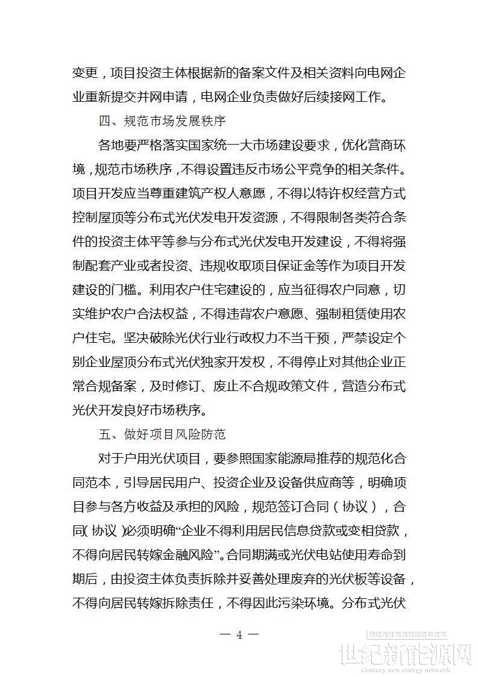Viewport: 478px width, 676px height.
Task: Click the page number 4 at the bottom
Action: [x=239, y=634]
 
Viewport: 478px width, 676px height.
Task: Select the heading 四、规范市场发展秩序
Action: [x=162, y=120]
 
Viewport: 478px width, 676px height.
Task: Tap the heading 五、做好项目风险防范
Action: [x=162, y=433]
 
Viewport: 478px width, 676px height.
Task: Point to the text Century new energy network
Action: [x=405, y=669]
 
